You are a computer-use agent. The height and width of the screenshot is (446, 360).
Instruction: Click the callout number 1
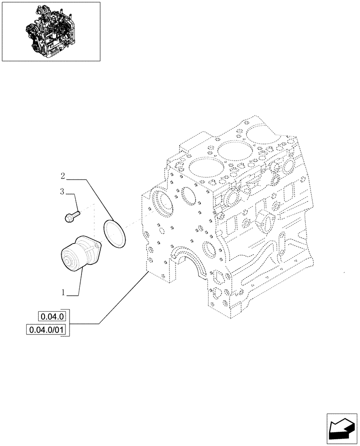pos(64,293)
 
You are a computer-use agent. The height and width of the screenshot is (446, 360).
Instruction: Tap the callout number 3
pos(63,192)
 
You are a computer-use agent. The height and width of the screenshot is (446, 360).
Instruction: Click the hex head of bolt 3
pos(69,218)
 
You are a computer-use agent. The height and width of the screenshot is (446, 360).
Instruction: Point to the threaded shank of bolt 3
pos(76,214)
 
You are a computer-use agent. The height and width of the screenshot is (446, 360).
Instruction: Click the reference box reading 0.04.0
pos(53,317)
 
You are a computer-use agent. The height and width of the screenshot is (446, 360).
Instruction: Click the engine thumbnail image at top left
pos(51,31)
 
